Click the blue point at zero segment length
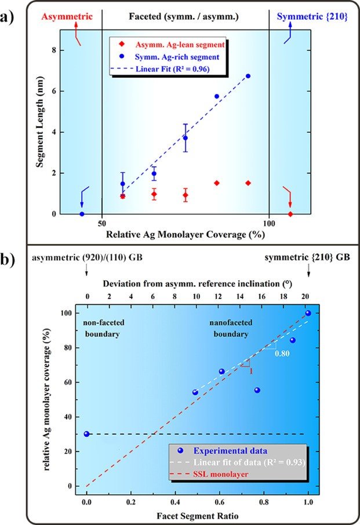81,214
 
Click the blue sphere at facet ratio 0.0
86,433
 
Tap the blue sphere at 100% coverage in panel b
308,313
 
